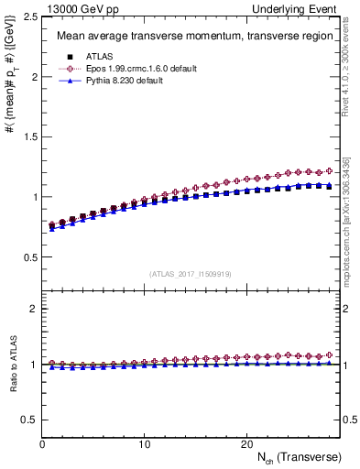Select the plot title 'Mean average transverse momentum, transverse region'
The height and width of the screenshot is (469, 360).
[x=188, y=37]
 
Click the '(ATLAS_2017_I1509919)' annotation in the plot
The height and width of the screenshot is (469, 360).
[x=191, y=273]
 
